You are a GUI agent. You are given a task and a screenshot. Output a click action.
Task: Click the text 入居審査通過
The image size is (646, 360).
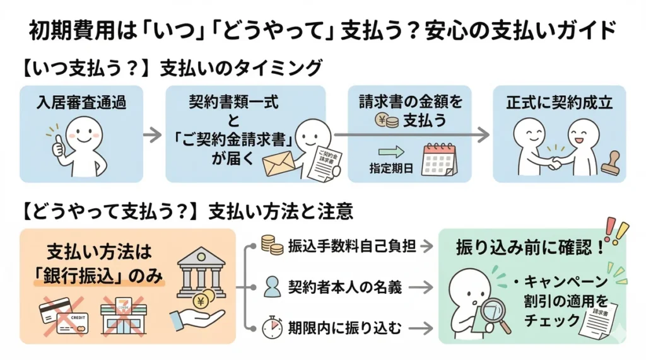pyautogui.click(x=81, y=102)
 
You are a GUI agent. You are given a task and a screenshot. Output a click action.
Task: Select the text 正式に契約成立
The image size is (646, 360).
pyautogui.click(x=559, y=103)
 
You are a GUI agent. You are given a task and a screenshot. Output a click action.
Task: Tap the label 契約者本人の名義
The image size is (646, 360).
pyautogui.click(x=346, y=287)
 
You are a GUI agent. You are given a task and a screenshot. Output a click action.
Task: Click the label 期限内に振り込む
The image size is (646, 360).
pyautogui.click(x=346, y=328)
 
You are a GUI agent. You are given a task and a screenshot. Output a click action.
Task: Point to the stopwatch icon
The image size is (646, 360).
pyautogui.click(x=271, y=327)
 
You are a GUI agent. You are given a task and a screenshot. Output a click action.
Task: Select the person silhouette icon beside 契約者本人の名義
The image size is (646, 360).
pyautogui.click(x=272, y=287)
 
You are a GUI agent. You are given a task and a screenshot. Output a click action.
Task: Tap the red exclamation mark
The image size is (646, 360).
pyautogui.click(x=610, y=229)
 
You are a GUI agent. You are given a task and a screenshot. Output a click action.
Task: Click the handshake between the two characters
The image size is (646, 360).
pyautogui.click(x=555, y=162)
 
